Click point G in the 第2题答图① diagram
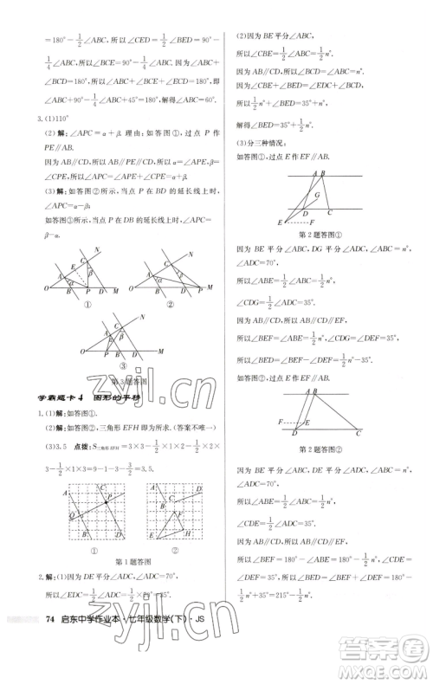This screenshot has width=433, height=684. click(318, 197)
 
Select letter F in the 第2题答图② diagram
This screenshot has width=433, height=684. click(283, 420)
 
